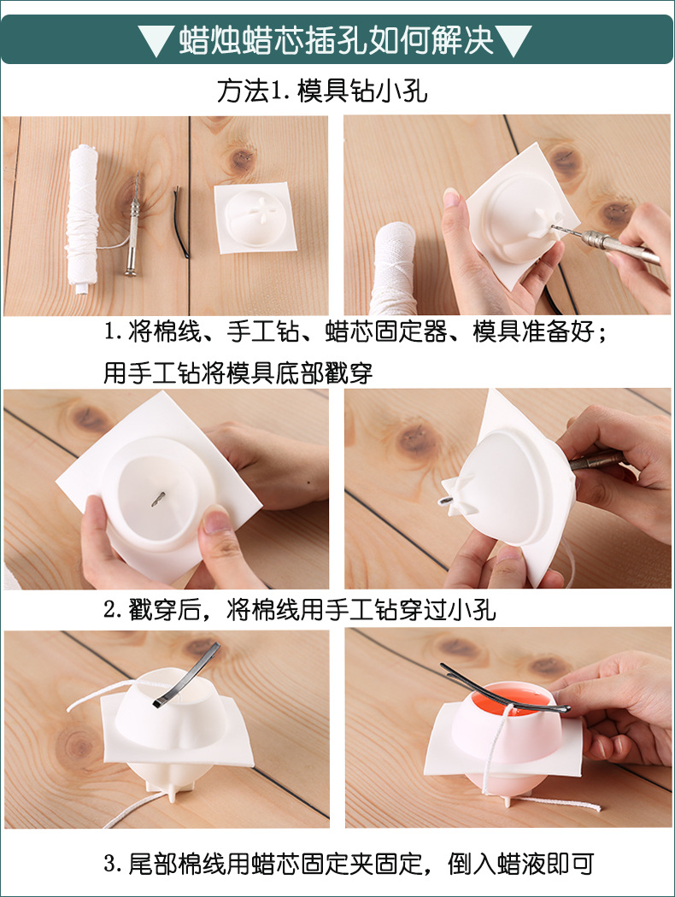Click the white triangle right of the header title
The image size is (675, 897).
point(514,40)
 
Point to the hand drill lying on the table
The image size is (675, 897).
point(133,227)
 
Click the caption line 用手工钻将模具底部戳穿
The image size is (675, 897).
point(238,373)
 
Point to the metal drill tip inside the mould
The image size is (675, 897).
point(159,498)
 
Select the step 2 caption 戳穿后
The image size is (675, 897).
point(300,610)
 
